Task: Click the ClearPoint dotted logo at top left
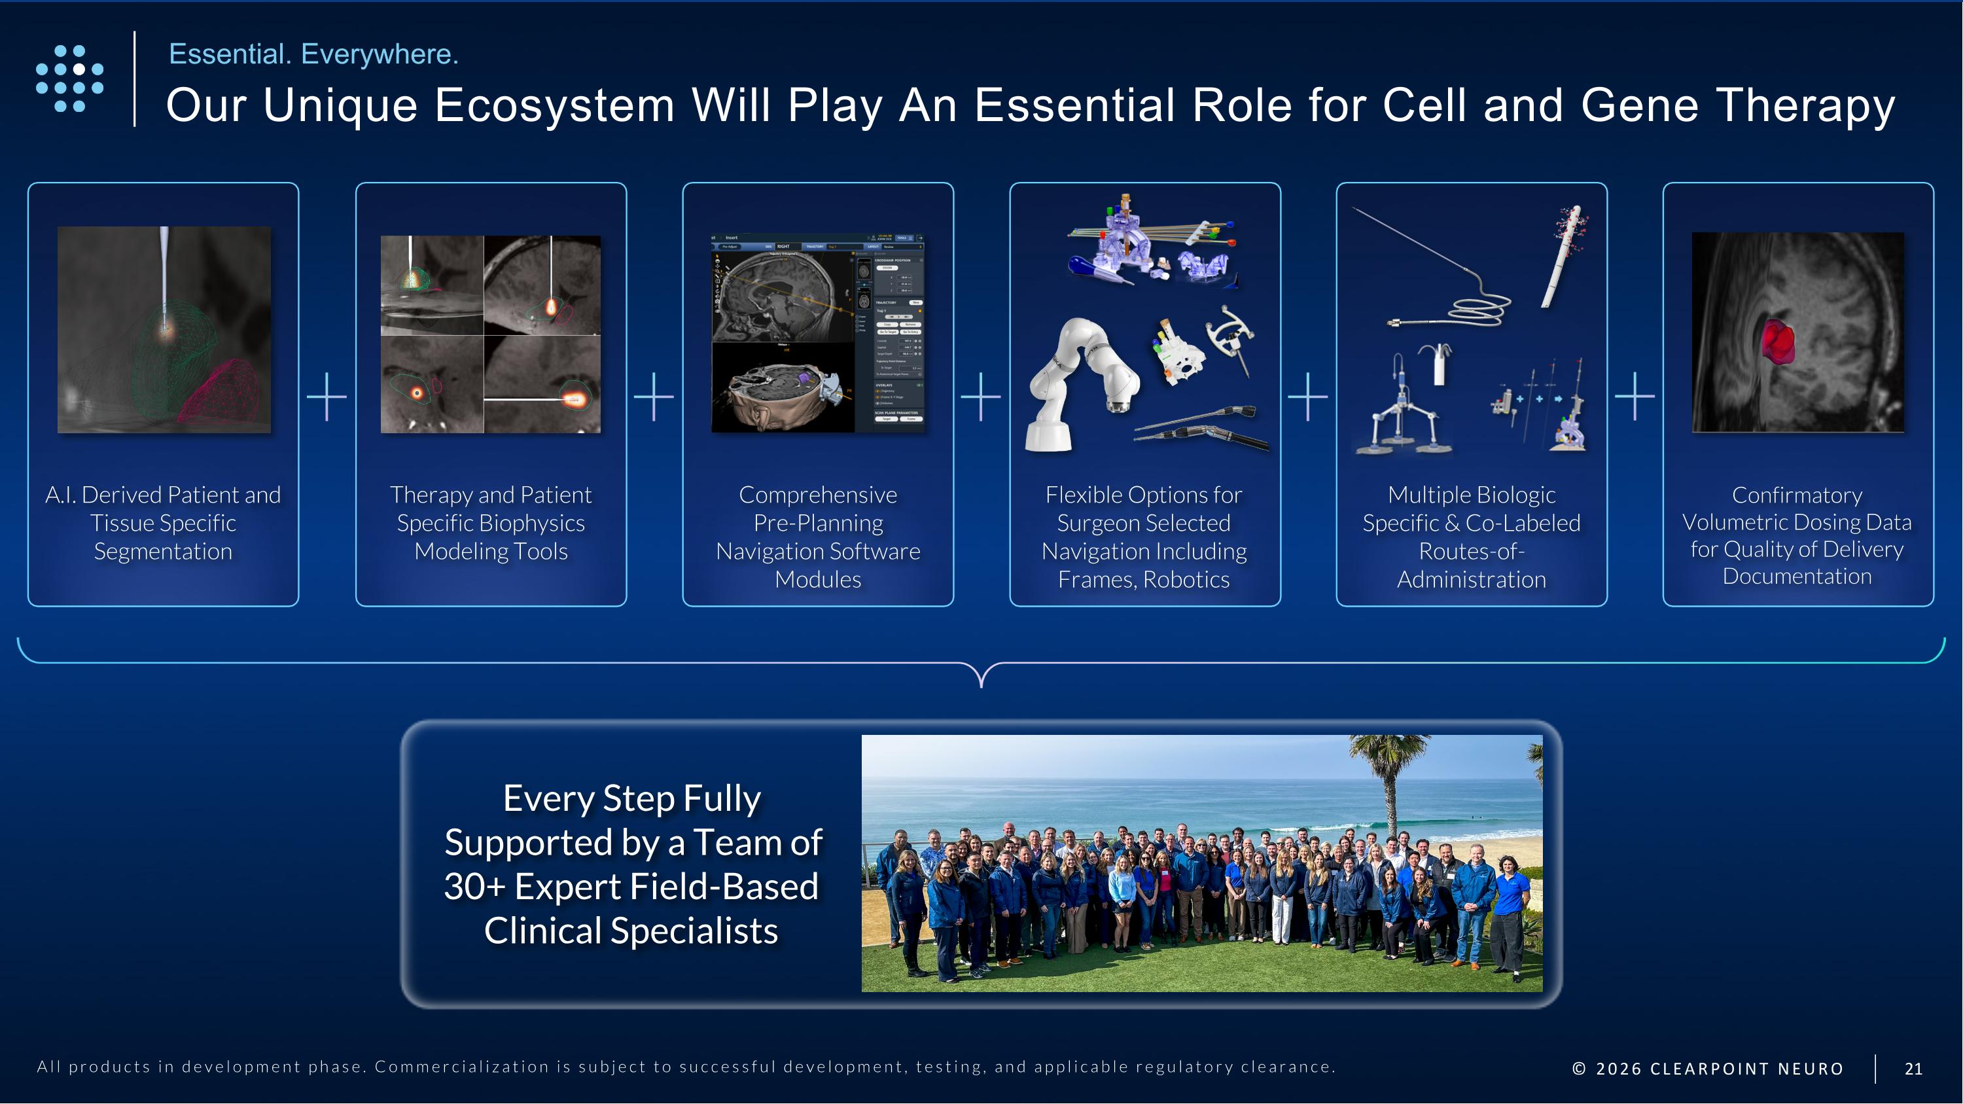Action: pos(69,79)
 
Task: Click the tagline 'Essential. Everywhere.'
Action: pos(313,54)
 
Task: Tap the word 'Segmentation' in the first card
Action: pos(163,551)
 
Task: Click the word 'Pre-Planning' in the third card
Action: pos(818,523)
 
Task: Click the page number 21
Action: pos(1913,1068)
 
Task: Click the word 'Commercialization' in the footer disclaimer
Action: pos(462,1066)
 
